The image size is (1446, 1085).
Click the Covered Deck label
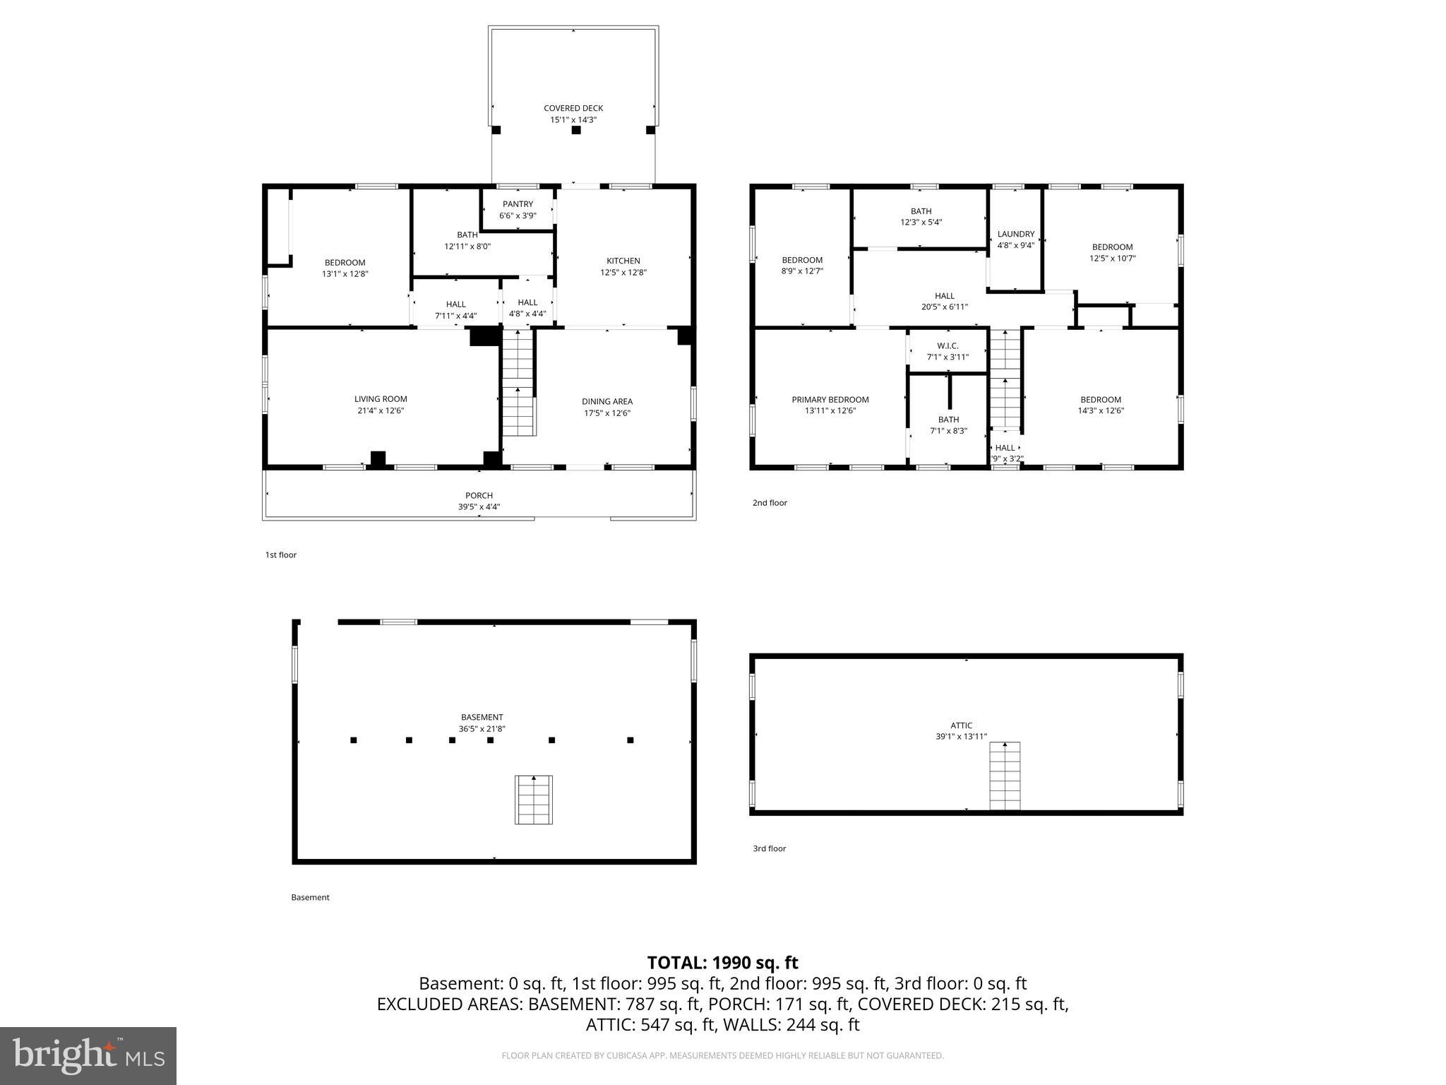click(x=573, y=108)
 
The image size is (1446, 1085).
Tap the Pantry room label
click(x=518, y=204)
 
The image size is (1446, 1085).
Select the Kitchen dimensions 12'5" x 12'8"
click(x=623, y=272)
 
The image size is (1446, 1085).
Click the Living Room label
click(x=381, y=399)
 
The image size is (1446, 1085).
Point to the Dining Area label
click(x=607, y=401)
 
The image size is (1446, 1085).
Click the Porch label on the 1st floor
click(x=479, y=495)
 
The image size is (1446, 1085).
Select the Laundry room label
click(x=1015, y=234)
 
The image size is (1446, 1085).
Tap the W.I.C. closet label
click(x=948, y=345)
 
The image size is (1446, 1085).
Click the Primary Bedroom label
click(x=830, y=400)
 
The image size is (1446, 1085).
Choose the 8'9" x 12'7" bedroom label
click(x=802, y=265)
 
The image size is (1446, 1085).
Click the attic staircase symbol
click(x=1004, y=776)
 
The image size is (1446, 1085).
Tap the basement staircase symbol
click(x=533, y=800)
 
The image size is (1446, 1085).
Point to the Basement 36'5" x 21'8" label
click(x=482, y=723)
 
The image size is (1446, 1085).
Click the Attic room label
click(x=961, y=725)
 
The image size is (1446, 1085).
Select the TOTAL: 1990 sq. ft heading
click(x=722, y=963)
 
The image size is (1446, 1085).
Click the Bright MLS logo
click(x=88, y=1055)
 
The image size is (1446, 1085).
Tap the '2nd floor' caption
click(x=769, y=503)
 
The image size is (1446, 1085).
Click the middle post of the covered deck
click(x=575, y=130)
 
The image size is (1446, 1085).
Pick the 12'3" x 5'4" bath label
click(x=921, y=216)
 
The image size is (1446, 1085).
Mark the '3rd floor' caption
click(x=769, y=848)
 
